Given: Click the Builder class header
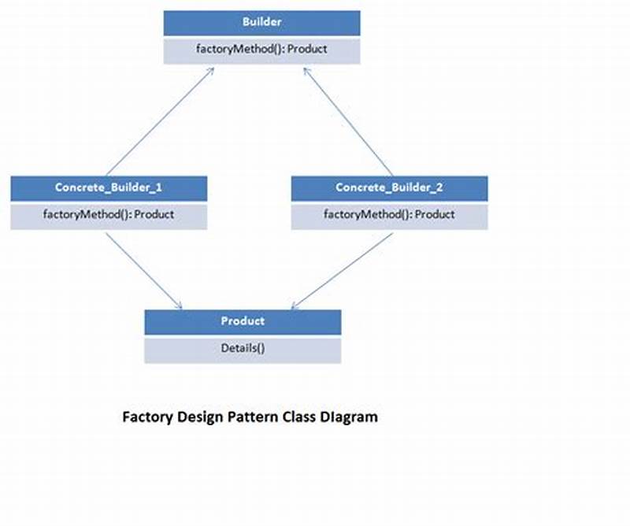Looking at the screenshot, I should pyautogui.click(x=261, y=22).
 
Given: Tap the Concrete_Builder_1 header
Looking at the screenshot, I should pyautogui.click(x=109, y=187).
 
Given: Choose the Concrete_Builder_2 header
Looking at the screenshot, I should pyautogui.click(x=389, y=187).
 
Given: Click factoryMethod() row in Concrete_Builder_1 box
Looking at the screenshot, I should pyautogui.click(x=109, y=214).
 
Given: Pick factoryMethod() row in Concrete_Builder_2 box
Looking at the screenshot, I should pyautogui.click(x=389, y=214).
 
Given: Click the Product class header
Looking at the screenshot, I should pyautogui.click(x=243, y=321).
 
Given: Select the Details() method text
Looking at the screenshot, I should pyautogui.click(x=243, y=347).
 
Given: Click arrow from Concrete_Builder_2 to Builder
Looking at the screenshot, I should pyautogui.click(x=347, y=121).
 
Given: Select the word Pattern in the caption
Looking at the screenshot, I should pyautogui.click(x=244, y=417).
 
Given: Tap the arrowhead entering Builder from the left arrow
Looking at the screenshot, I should pyautogui.click(x=211, y=70).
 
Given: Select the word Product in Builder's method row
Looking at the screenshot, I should pyautogui.click(x=307, y=49).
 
